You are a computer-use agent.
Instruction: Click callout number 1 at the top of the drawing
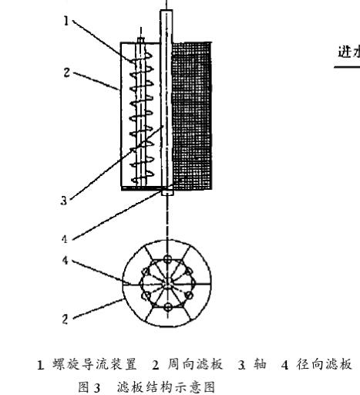(67, 21)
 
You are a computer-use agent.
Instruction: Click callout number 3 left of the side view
(64, 200)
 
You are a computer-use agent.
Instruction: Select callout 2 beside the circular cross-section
(65, 319)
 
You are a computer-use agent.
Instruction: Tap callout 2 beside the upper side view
(66, 73)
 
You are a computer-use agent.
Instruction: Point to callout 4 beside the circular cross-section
(65, 261)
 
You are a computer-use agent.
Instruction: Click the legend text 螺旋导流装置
(95, 364)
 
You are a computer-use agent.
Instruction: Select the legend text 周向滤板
(195, 364)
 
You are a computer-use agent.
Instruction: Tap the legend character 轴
(260, 364)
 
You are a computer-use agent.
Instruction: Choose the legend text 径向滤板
(324, 364)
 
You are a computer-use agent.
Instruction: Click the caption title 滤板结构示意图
(166, 387)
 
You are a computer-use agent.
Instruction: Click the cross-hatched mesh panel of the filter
(192, 116)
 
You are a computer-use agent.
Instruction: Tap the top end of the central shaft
(167, 10)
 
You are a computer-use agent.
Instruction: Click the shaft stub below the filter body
(167, 192)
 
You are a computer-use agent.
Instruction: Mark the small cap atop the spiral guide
(141, 40)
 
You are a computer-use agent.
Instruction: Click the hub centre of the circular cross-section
(167, 284)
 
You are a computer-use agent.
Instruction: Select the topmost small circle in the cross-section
(168, 258)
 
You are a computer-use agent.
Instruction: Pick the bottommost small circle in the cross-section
(168, 307)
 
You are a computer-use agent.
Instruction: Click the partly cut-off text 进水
(349, 52)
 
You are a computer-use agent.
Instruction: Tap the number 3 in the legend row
(241, 365)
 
